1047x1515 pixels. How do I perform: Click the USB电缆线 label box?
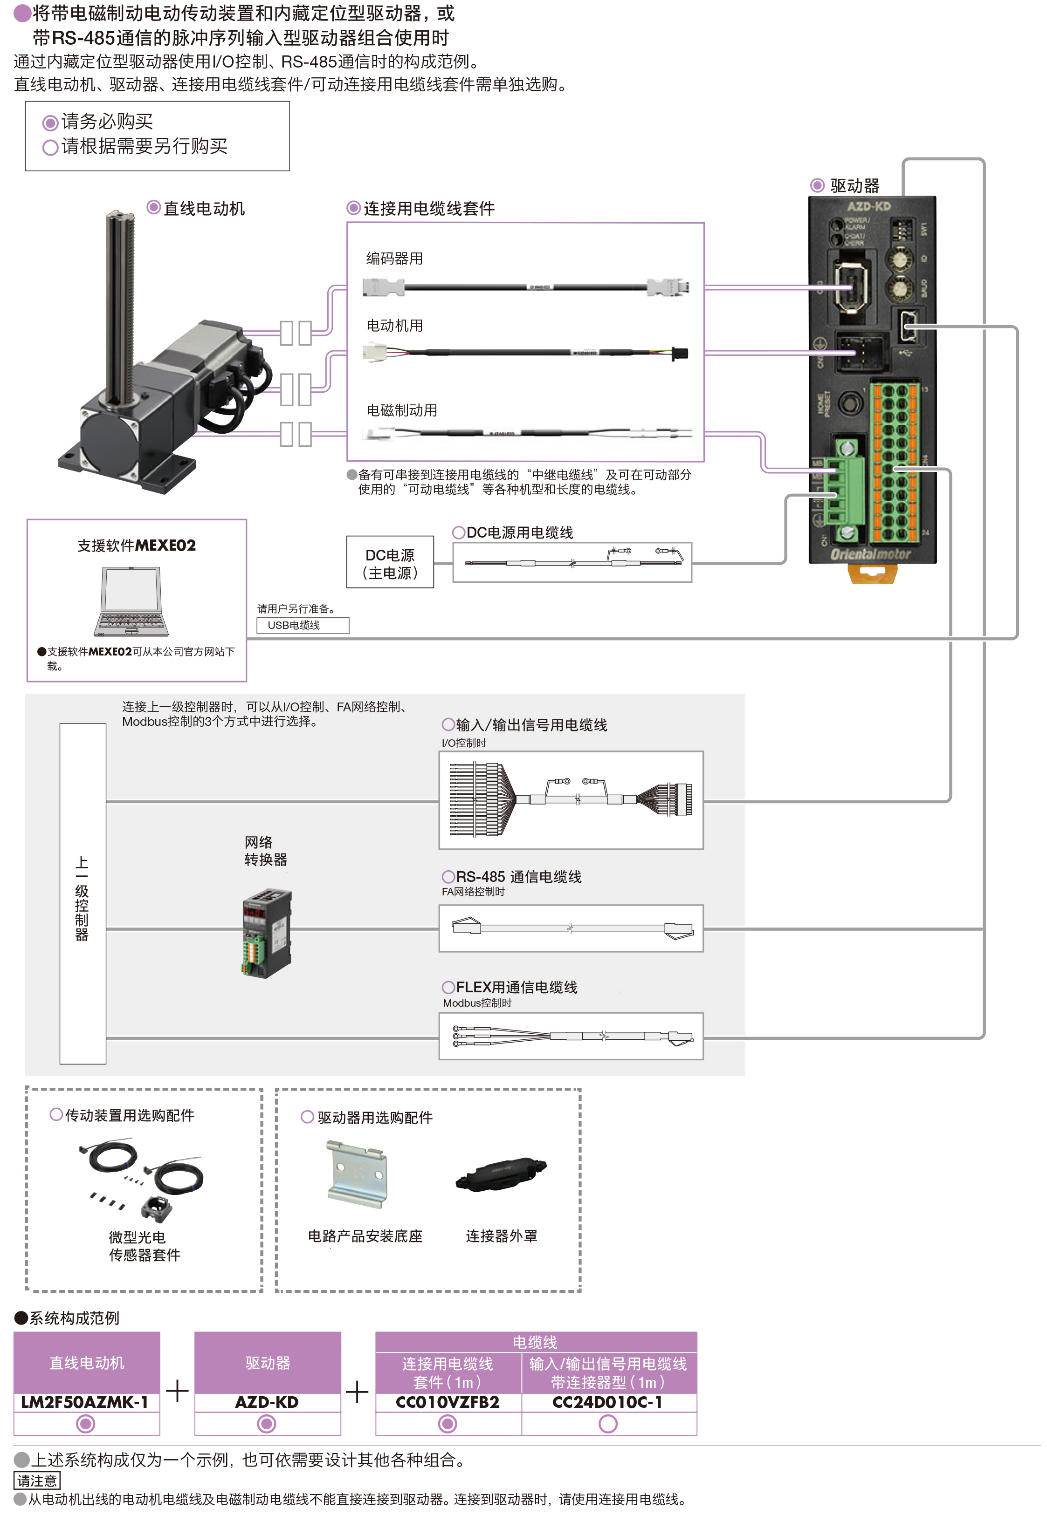pos(303,625)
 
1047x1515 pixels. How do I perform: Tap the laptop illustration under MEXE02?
pos(132,601)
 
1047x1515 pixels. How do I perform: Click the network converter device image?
pos(267,934)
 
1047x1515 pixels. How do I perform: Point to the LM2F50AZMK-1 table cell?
pos(86,1402)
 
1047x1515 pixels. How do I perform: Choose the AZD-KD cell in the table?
pos(267,1402)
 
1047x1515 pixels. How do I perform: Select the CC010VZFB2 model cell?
pos(448,1402)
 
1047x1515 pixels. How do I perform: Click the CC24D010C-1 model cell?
pos(608,1402)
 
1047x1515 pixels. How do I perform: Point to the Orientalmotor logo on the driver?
pos(870,554)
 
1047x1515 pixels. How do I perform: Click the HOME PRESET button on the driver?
pos(850,402)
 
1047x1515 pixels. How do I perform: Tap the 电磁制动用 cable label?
pos(401,410)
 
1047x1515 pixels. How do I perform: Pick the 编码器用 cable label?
pos(394,258)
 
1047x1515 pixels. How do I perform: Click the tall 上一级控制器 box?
pos(83,893)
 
